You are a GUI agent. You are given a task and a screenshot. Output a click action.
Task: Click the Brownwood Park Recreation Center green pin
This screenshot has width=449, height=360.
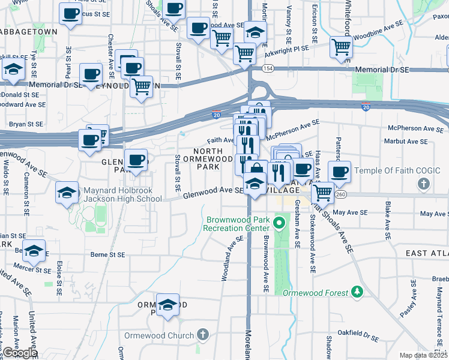279,224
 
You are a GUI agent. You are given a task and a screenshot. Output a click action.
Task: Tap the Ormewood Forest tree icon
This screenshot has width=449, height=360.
358,292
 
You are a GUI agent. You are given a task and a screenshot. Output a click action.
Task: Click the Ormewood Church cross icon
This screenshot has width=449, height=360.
203,335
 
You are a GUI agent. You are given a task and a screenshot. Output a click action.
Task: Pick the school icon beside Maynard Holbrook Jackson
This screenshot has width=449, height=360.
67,193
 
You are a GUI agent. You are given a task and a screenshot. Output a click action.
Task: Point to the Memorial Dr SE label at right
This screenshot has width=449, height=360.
382,70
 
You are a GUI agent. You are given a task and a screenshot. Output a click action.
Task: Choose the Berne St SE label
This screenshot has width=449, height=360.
108,254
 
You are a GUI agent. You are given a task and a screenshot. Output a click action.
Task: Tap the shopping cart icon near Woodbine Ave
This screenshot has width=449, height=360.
341,47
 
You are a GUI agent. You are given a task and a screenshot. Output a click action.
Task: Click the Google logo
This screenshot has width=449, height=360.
19,353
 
